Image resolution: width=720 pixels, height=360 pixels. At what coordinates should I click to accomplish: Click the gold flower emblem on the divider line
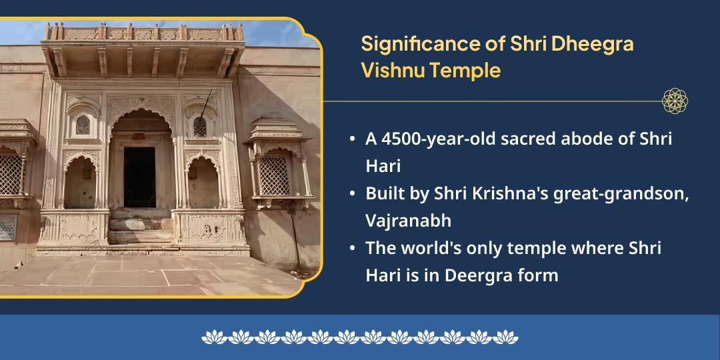coord(674,101)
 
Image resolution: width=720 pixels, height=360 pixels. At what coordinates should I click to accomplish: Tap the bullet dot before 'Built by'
coord(352,193)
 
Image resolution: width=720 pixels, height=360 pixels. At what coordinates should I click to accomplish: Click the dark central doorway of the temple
coord(139,176)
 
